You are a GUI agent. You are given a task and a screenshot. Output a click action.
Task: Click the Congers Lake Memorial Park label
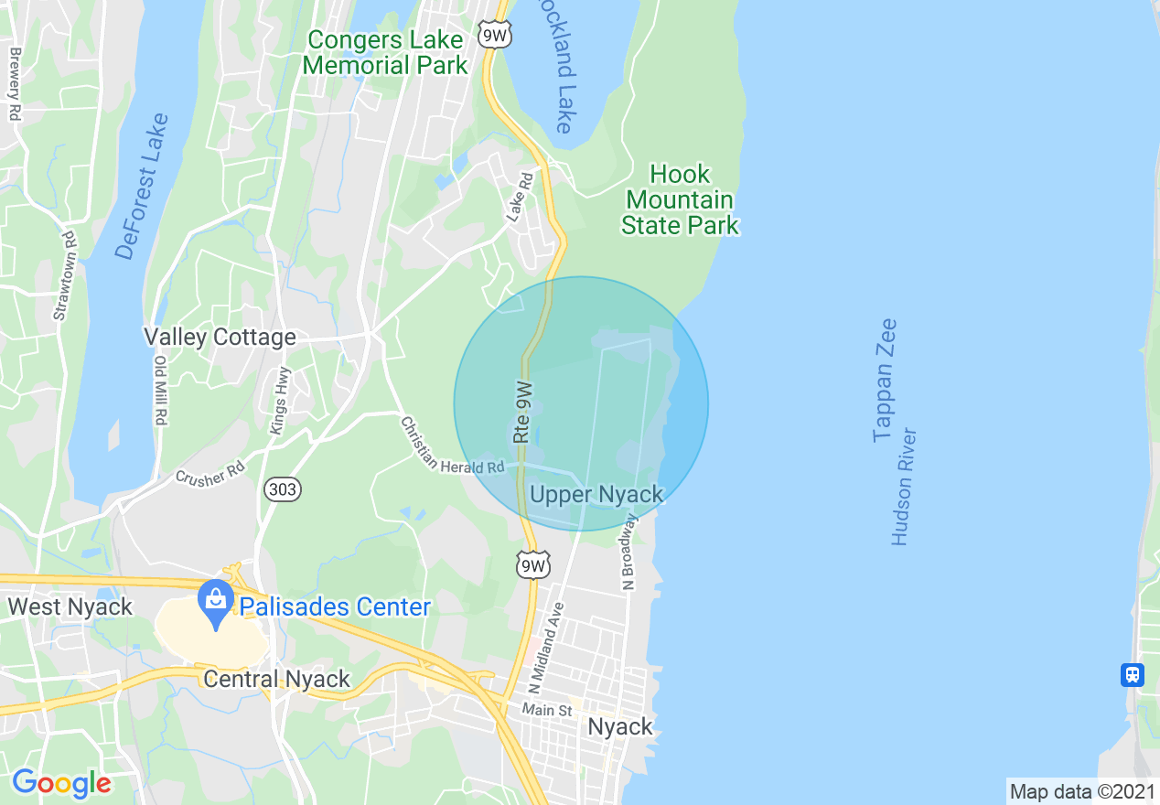[x=385, y=53]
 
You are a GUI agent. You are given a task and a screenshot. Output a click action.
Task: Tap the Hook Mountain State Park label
[x=680, y=199]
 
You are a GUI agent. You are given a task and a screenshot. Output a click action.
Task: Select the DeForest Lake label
[x=144, y=187]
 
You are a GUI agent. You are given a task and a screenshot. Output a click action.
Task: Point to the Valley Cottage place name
[x=220, y=338]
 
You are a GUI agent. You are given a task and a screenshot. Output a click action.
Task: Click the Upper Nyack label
[x=596, y=495]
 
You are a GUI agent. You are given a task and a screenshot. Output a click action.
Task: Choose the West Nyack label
[x=70, y=606]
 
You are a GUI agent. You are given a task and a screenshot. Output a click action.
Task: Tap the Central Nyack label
[x=276, y=679]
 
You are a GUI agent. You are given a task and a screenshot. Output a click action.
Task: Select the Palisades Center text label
[x=335, y=606]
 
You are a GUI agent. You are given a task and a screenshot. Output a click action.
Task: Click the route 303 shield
[x=283, y=489]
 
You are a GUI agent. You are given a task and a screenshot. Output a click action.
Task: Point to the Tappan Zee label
[x=885, y=381]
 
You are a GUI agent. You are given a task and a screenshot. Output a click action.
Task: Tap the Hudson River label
[x=905, y=487]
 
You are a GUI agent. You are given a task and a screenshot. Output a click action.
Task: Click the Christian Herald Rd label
[x=452, y=446]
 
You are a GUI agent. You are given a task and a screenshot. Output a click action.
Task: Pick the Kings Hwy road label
[x=280, y=400]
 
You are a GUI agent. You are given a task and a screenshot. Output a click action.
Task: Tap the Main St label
[x=547, y=710]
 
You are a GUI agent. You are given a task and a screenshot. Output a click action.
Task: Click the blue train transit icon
[x=1133, y=675]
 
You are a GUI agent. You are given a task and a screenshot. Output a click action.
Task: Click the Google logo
[x=61, y=784]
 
